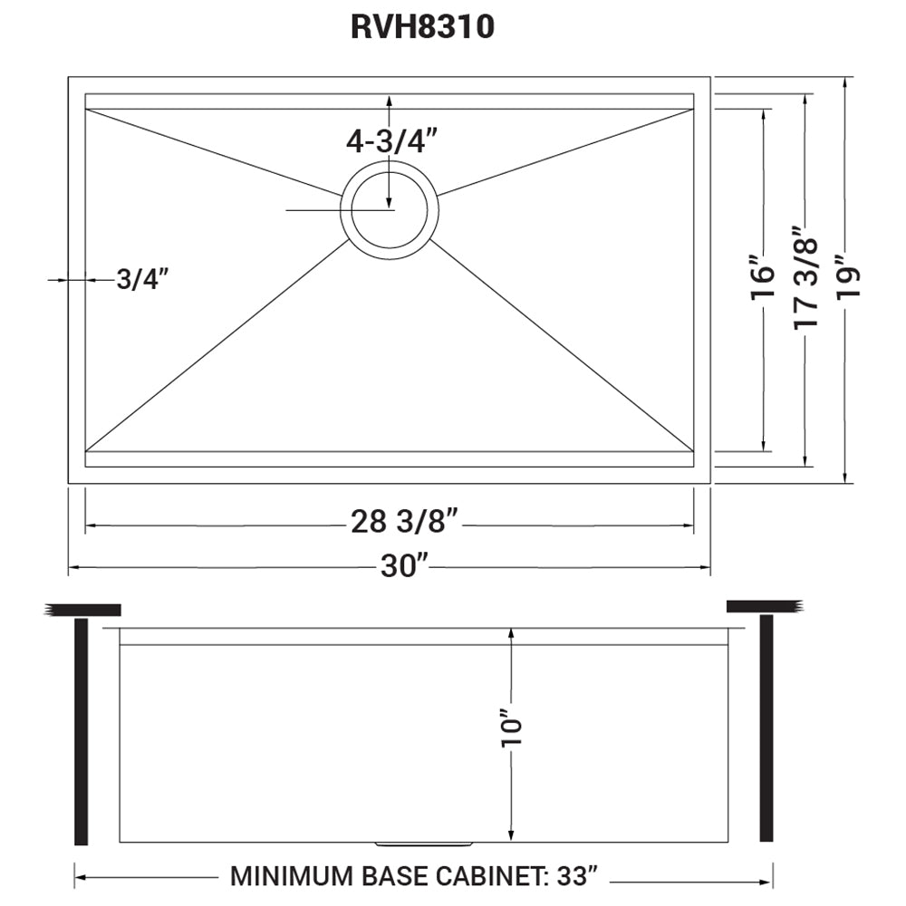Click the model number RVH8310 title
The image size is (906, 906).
(422, 28)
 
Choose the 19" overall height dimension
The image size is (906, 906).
(844, 281)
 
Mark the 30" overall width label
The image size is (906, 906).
(404, 567)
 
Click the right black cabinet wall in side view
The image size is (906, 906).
(766, 728)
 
